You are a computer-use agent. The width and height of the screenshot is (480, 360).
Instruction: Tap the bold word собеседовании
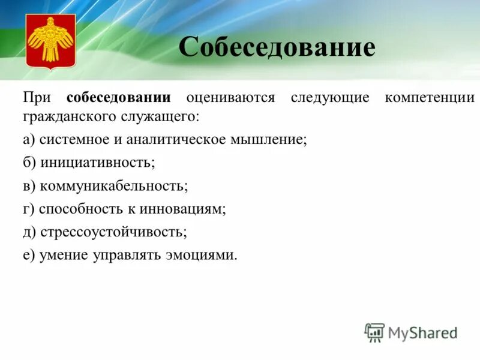tap(119, 98)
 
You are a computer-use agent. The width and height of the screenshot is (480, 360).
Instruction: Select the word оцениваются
tap(230, 98)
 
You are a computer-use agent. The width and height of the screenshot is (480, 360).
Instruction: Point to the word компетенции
tap(430, 98)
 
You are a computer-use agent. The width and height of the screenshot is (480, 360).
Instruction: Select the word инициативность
tap(97, 163)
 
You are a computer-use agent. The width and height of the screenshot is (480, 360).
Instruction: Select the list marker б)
tap(30, 163)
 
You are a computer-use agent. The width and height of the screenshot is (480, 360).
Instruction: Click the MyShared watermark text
tap(424, 332)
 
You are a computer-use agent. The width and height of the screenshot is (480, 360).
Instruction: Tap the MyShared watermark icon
tap(374, 332)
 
